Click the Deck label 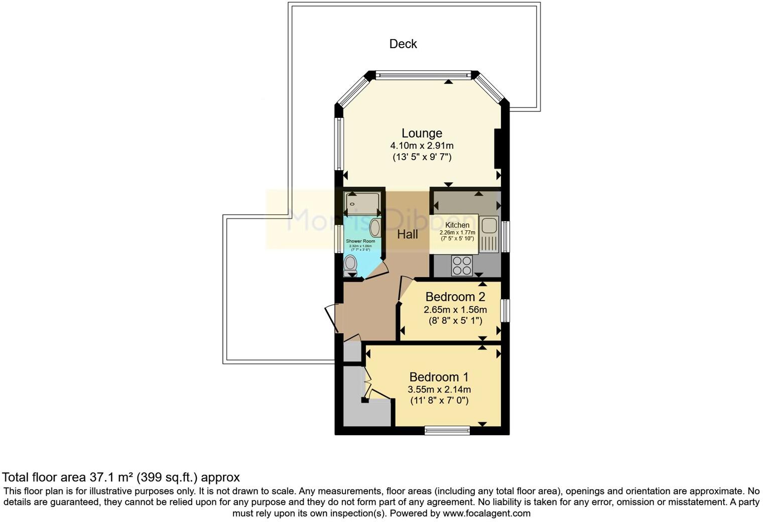click(403, 44)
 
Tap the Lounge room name click(422, 133)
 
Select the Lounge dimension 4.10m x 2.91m click(422, 146)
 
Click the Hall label click(407, 234)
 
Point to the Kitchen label click(457, 225)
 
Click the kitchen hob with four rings click(462, 266)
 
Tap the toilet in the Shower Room click(351, 263)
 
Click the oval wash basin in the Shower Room click(375, 227)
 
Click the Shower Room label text click(360, 241)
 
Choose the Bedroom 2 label click(455, 297)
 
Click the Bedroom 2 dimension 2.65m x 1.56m click(455, 310)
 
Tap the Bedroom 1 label click(439, 377)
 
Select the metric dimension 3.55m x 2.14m click(439, 389)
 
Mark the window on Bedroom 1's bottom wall click(447, 430)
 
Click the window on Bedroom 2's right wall click(505, 310)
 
